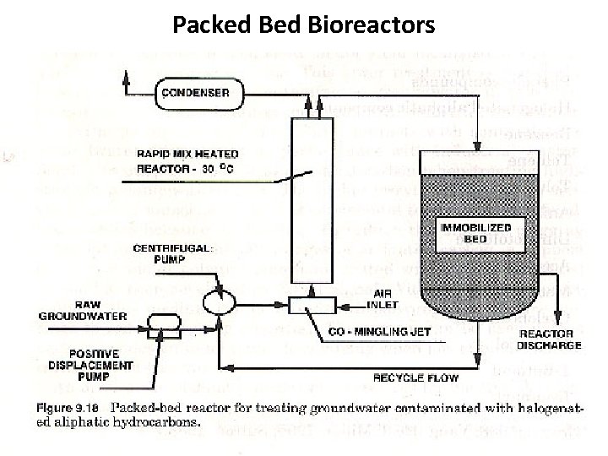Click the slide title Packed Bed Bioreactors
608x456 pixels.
coord(304,24)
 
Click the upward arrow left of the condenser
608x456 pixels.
coord(126,78)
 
